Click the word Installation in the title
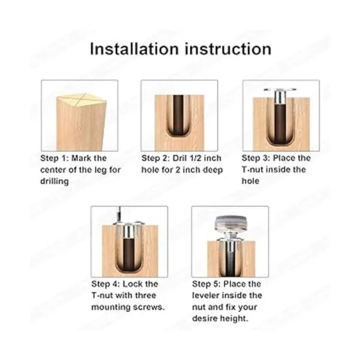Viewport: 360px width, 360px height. pyautogui.click(x=134, y=49)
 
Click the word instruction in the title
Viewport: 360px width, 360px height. pyautogui.click(x=228, y=49)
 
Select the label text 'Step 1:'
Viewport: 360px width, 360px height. pyautogui.click(x=55, y=158)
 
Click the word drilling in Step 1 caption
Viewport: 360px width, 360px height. pyautogui.click(x=55, y=181)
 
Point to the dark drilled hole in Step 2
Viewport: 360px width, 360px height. pyautogui.click(x=178, y=115)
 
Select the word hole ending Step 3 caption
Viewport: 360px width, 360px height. pyautogui.click(x=250, y=181)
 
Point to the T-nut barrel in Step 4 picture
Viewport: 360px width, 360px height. pyautogui.click(x=128, y=232)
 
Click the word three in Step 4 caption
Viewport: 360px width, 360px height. pyautogui.click(x=146, y=295)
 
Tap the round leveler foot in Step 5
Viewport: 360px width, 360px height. pyautogui.click(x=232, y=223)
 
